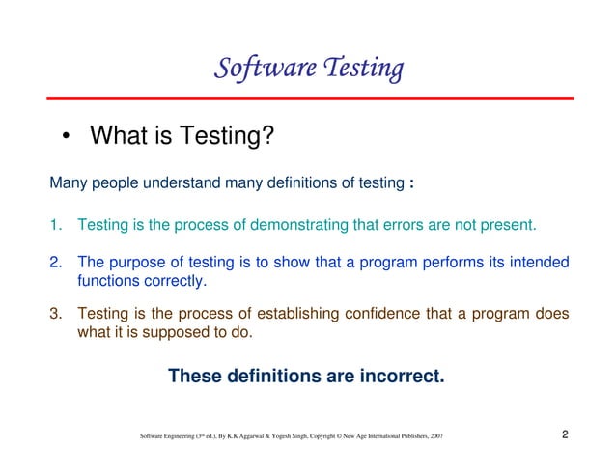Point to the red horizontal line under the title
(x=308, y=98)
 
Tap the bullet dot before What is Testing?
(x=65, y=139)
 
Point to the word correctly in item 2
(x=173, y=283)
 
